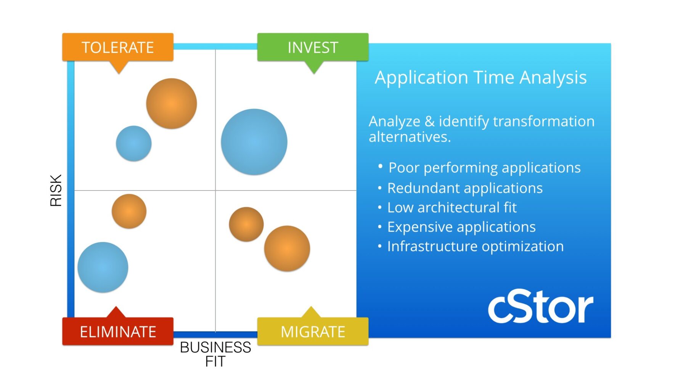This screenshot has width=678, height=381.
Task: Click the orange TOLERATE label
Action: [x=118, y=47]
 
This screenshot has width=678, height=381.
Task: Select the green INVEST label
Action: [x=313, y=47]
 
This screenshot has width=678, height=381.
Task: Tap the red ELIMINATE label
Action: [x=118, y=331]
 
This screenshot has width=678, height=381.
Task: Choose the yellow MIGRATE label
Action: [x=313, y=331]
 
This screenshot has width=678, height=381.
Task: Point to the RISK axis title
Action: [x=56, y=190]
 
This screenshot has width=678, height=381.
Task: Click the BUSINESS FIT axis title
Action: [x=215, y=354]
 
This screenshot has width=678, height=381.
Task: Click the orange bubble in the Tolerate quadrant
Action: [x=172, y=104]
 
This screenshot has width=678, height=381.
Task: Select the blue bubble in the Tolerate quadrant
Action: [x=134, y=144]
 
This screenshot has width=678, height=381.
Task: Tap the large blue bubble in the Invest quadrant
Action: [x=254, y=142]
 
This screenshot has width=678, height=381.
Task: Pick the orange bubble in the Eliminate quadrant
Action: [x=129, y=211]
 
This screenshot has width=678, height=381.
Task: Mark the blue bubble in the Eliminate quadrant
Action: [x=103, y=267]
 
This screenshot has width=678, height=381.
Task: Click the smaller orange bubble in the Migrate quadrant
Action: [x=246, y=224]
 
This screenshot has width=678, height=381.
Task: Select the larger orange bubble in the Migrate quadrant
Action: [x=287, y=248]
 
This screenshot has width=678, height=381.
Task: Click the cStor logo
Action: [x=541, y=307]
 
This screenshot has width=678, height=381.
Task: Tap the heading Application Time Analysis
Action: [x=481, y=78]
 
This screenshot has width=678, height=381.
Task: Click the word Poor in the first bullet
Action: [x=404, y=168]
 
